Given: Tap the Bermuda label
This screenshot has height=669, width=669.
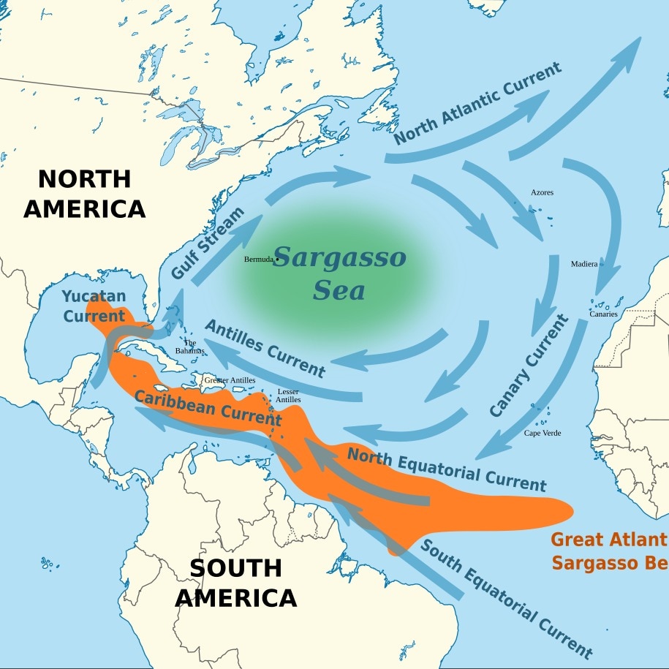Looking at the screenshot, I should (258, 260).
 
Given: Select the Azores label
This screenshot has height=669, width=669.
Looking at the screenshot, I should (542, 193).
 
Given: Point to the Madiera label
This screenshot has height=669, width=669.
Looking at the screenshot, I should (583, 264).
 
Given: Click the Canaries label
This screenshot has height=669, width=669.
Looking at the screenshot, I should (603, 314).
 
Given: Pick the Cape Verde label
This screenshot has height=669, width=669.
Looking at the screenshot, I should (543, 434).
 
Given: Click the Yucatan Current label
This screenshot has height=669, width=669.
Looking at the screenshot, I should (94, 306).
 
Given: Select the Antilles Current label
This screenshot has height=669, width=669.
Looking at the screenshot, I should (265, 347).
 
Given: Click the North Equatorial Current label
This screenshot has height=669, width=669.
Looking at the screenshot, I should (446, 469).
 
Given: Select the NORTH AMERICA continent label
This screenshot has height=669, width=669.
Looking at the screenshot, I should (85, 194).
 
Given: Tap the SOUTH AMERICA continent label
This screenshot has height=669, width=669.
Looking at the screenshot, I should (235, 583).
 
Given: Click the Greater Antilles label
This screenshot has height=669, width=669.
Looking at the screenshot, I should (230, 380).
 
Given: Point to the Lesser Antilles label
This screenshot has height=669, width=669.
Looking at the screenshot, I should (289, 396).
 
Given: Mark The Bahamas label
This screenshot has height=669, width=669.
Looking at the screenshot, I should (190, 347).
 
